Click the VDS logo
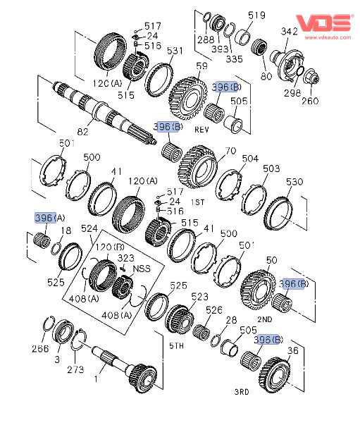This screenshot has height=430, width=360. click(323, 23)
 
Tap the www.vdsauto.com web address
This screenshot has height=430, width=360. click(328, 37)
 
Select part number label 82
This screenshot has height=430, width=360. click(82, 132)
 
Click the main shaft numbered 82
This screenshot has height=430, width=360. click(104, 113)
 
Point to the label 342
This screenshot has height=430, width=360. click(290, 31)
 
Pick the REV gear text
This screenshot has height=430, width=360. click(201, 130)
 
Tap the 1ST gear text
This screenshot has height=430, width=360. click(197, 202)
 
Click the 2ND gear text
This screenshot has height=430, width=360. click(265, 319)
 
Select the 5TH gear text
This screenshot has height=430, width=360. click(176, 345)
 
